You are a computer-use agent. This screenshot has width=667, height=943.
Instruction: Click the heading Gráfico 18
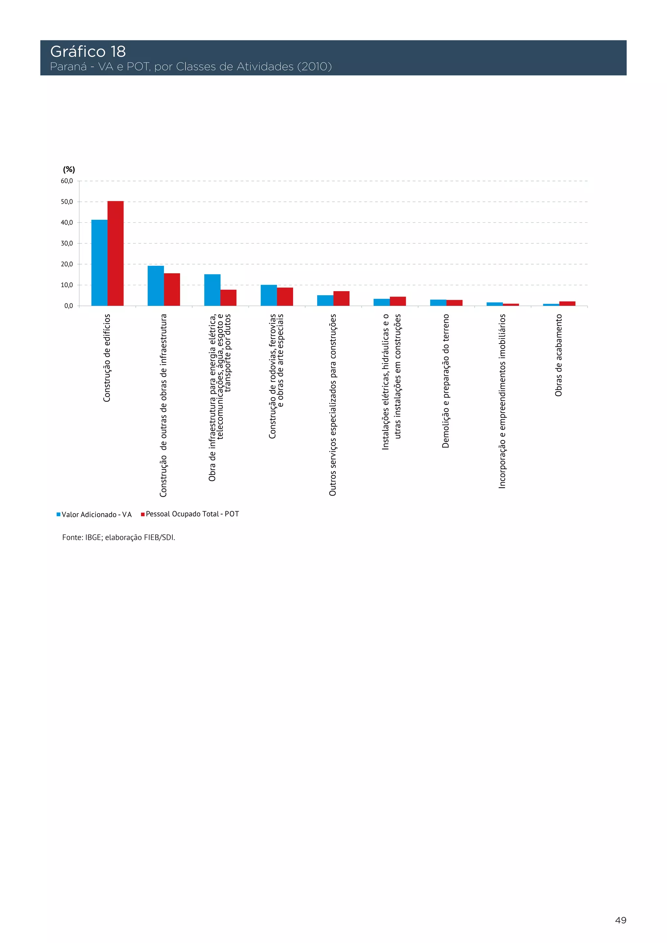(88, 52)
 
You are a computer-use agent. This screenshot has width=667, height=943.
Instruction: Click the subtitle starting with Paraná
(191, 66)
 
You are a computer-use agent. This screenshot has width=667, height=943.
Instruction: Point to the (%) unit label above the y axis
(69, 170)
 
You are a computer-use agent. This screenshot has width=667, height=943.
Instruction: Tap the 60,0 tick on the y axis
(67, 181)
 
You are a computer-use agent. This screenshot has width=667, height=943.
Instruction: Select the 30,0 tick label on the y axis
(67, 244)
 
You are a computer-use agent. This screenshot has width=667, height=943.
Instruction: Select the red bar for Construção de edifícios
(115, 254)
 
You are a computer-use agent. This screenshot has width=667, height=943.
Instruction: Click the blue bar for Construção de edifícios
(99, 263)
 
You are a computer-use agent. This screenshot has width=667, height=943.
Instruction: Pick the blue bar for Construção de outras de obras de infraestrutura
(156, 286)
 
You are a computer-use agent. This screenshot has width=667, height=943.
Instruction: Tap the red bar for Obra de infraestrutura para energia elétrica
(228, 298)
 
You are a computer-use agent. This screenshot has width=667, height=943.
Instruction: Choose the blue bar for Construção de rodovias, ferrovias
(269, 295)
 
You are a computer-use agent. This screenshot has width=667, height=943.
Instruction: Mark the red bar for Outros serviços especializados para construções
(341, 299)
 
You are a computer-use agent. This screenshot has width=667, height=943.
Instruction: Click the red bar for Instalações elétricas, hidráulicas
(398, 302)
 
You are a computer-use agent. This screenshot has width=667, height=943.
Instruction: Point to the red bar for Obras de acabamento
(567, 303)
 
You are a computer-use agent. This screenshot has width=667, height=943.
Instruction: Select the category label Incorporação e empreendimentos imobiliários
(502, 401)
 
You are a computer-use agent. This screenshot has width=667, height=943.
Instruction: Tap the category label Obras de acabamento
(559, 355)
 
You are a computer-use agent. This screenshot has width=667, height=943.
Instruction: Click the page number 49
(620, 921)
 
